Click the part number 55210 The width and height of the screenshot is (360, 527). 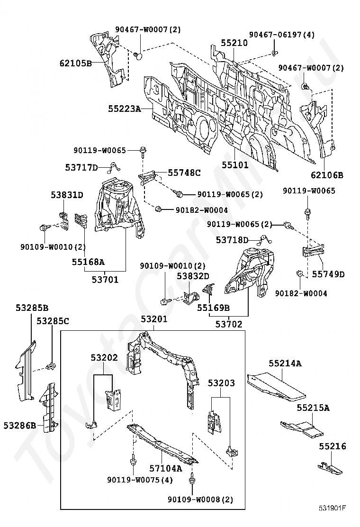click(234, 43)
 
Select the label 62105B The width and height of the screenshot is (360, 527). click(76, 63)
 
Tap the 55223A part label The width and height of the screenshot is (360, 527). click(124, 109)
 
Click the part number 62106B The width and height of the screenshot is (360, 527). click(327, 175)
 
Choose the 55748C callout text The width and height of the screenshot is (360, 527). click(184, 173)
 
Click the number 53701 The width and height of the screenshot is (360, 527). click(105, 280)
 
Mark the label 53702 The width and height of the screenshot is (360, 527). click(229, 325)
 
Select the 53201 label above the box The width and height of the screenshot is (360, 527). click(154, 320)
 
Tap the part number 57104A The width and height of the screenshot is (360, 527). click(166, 468)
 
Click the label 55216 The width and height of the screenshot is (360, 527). click(332, 446)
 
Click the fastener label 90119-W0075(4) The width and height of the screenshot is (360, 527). click(139, 480)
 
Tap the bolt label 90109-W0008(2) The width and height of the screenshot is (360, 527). click(200, 500)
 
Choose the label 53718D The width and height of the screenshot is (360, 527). click(232, 240)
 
